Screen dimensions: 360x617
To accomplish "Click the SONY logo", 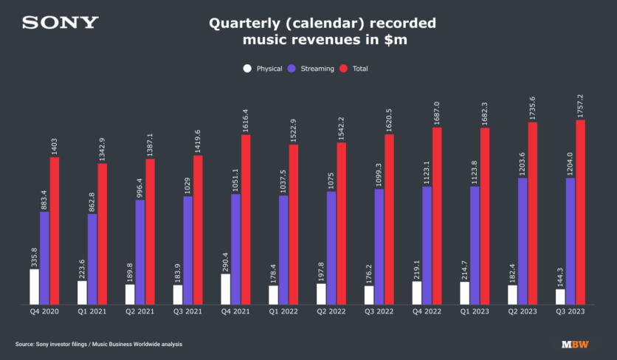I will pyautogui.click(x=60, y=23).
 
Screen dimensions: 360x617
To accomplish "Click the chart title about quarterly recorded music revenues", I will pyautogui.click(x=322, y=32).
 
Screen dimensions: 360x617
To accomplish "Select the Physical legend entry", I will pyautogui.click(x=264, y=69).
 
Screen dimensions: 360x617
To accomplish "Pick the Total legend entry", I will pyautogui.click(x=354, y=69).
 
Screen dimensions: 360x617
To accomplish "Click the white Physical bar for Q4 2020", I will pyautogui.click(x=34, y=287).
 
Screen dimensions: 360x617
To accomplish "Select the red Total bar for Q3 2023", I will pyautogui.click(x=580, y=212).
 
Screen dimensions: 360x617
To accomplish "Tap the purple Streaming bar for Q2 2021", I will pyautogui.click(x=140, y=252).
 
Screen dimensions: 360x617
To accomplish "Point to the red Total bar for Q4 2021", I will pyautogui.click(x=246, y=220).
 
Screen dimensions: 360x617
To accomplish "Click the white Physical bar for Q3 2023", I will pyautogui.click(x=560, y=297).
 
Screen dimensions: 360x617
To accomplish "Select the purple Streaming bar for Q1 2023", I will pyautogui.click(x=475, y=246).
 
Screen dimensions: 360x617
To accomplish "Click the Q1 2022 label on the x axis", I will pyautogui.click(x=283, y=313).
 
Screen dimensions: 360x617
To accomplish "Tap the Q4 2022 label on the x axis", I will pyautogui.click(x=427, y=313).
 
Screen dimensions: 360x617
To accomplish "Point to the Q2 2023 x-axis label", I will pyautogui.click(x=523, y=313).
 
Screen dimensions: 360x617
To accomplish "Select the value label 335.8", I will pyautogui.click(x=34, y=254).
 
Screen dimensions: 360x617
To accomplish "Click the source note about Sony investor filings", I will pyautogui.click(x=98, y=345).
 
